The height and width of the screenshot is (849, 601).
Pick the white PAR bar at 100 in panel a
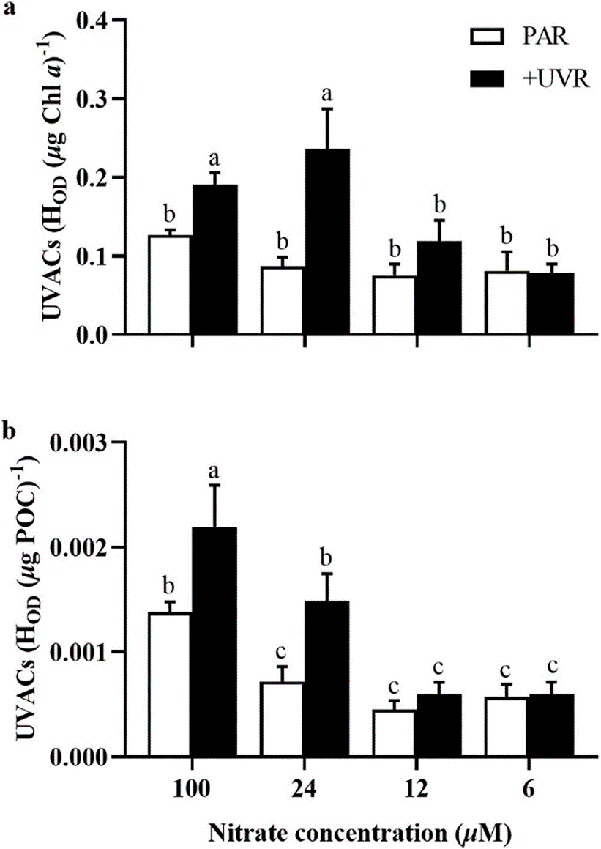point(169,285)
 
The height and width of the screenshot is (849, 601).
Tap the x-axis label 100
point(192,788)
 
